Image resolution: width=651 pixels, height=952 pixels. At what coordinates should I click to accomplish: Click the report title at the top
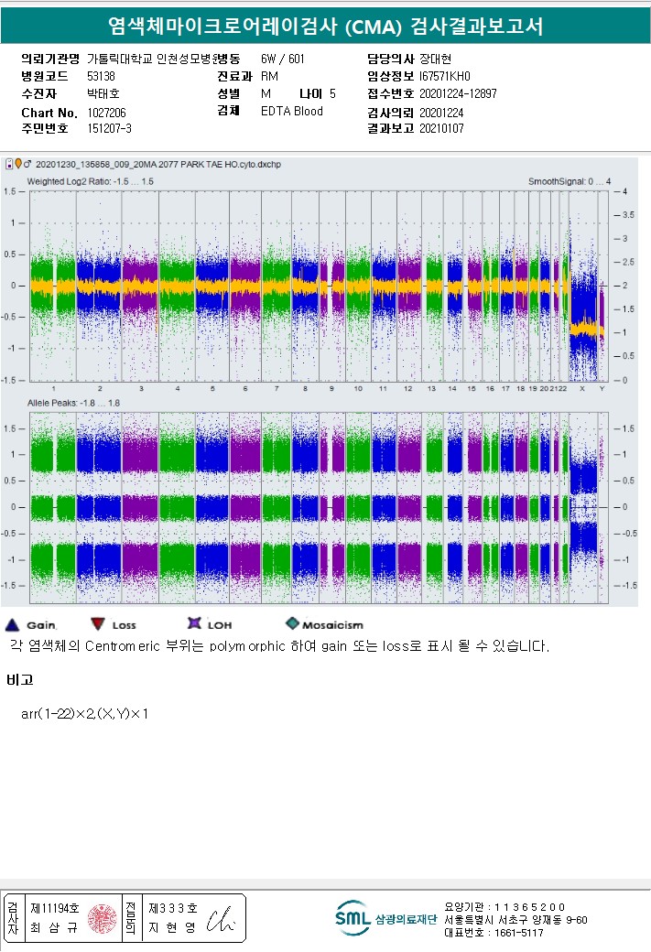coord(325,27)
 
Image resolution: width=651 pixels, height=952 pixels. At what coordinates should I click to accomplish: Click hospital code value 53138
coord(101,76)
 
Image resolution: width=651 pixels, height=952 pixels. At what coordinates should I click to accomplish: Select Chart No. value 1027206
coord(106,113)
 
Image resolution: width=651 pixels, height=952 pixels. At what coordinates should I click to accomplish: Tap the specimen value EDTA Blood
coord(291,112)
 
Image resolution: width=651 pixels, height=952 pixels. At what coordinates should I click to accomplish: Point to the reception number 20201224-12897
coord(458,93)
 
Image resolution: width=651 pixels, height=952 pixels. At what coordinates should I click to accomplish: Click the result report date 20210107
coord(441,129)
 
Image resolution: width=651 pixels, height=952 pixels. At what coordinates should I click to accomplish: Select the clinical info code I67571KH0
coord(444,76)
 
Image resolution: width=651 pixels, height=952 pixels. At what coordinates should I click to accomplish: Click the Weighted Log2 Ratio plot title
coord(90,182)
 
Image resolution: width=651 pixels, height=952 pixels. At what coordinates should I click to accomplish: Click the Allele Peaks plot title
coord(74,403)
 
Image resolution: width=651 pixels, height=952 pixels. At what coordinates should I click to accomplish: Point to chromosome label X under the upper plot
coord(582,389)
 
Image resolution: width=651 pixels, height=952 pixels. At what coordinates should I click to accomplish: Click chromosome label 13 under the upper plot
coord(429,389)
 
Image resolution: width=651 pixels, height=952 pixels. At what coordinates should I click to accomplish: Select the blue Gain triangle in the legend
coord(12,624)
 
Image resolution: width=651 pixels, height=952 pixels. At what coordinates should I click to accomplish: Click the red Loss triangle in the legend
coord(97,624)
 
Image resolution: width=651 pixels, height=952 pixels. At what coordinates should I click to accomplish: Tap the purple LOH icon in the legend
coord(193,624)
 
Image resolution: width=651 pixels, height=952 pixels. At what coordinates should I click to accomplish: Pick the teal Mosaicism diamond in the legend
coord(292,623)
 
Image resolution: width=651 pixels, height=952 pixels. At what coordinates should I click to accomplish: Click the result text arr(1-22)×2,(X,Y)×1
coord(84,713)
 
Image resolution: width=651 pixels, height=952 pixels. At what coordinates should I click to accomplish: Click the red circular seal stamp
coord(103,919)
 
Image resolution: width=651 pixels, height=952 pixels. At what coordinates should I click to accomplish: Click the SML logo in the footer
coord(352,918)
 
